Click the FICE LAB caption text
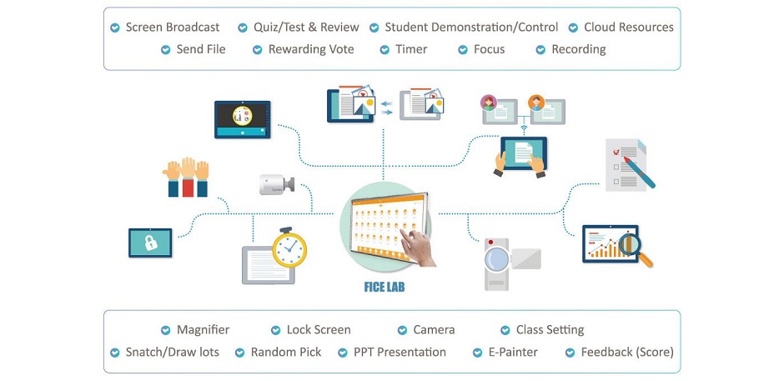384,287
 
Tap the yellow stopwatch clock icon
289,248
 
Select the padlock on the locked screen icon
150,243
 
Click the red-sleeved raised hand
188,177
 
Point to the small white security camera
277,184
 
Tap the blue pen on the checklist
639,172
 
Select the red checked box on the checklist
616,152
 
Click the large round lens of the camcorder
497,259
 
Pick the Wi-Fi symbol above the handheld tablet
524,129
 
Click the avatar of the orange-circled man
536,103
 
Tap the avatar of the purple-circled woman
489,103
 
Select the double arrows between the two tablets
386,108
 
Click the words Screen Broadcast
173,27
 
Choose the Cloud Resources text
629,27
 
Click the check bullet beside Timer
384,49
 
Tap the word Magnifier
203,330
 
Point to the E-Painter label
513,352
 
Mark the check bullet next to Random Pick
240,353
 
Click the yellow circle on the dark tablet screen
242,116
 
